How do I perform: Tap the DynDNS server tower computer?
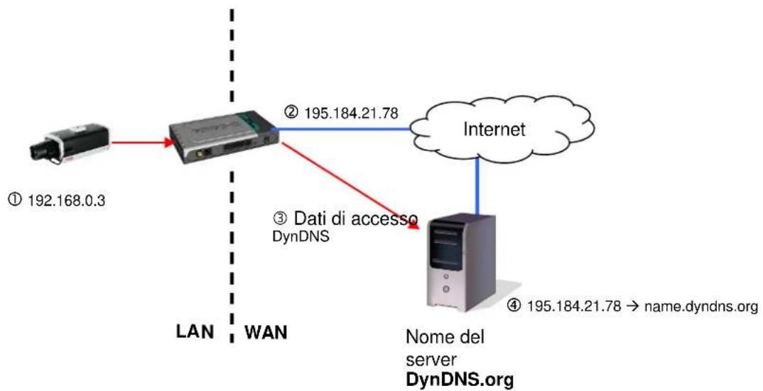click(461, 263)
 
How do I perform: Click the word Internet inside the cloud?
click(494, 129)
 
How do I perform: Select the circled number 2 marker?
click(291, 114)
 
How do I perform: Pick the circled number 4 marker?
click(514, 306)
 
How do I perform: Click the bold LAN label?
click(194, 331)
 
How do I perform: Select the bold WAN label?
click(266, 332)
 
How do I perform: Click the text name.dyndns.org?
click(700, 307)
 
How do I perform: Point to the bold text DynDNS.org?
click(460, 380)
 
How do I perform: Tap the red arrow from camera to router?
click(143, 143)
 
